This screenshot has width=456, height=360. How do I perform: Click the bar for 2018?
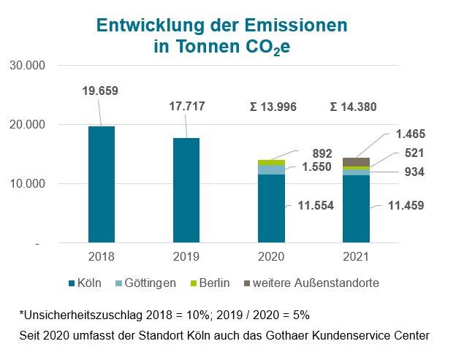coord(101,184)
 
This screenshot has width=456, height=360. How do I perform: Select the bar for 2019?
coord(186,190)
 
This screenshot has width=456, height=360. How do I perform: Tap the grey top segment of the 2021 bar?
coord(357,161)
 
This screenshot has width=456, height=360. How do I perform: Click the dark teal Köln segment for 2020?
coord(271,208)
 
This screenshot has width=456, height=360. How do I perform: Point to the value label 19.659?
coord(100,91)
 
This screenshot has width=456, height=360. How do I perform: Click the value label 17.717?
coord(186,106)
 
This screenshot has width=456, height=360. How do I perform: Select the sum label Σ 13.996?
coord(273,107)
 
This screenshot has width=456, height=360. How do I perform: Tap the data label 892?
coord(322,153)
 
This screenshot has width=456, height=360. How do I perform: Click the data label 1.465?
coord(410,134)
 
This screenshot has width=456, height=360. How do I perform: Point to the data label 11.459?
coord(406,206)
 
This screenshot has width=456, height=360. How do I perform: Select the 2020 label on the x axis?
coord(271,257)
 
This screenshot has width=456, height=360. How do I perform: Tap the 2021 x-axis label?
coord(357,257)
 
